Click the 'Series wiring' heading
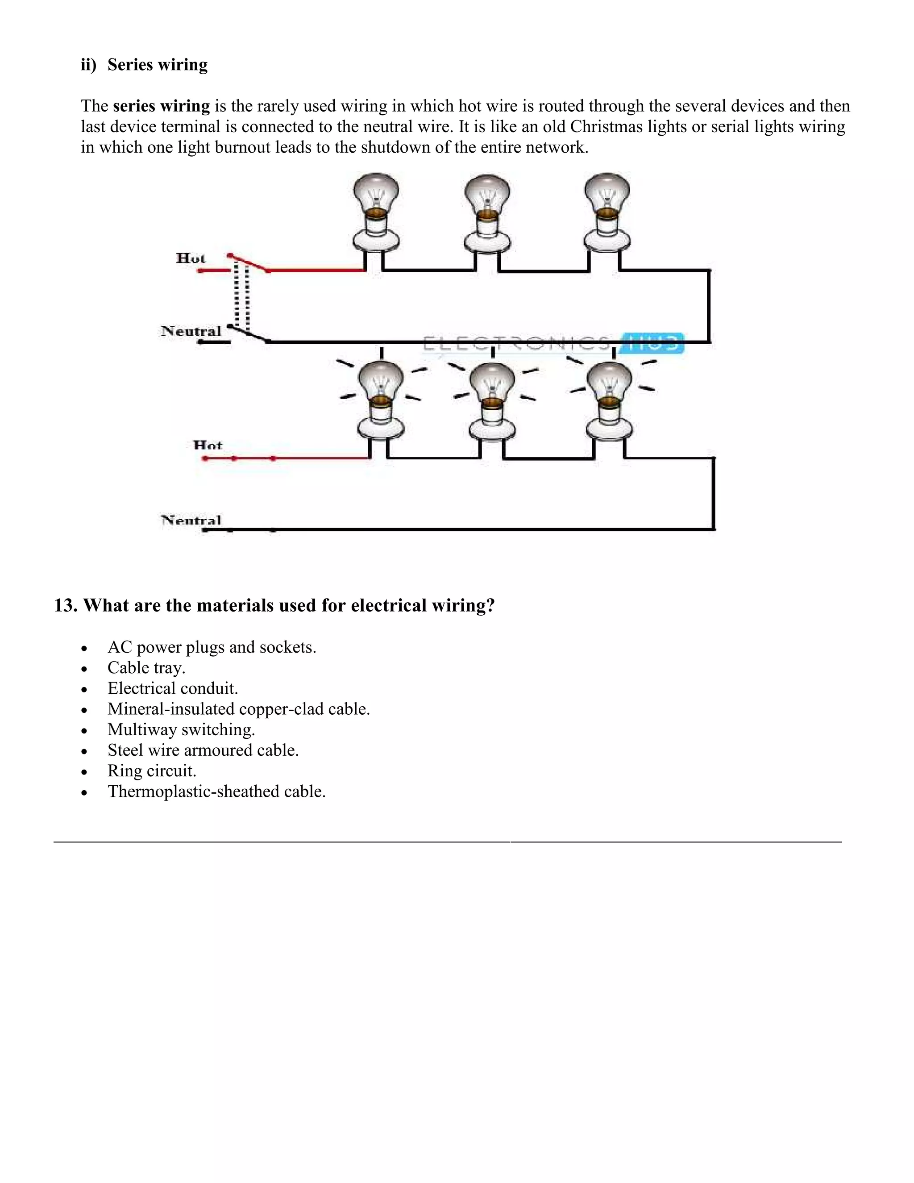(x=157, y=65)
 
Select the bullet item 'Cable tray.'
(x=146, y=668)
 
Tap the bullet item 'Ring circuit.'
(x=152, y=771)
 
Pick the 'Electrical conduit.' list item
(x=173, y=688)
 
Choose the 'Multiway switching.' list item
(x=181, y=729)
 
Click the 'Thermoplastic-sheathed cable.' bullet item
(x=216, y=791)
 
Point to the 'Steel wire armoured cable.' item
(x=203, y=750)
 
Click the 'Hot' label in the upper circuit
(x=191, y=258)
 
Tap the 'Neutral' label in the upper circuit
(x=191, y=331)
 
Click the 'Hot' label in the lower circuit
(x=208, y=445)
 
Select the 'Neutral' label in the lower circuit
(x=191, y=521)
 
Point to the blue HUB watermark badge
(x=653, y=343)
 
